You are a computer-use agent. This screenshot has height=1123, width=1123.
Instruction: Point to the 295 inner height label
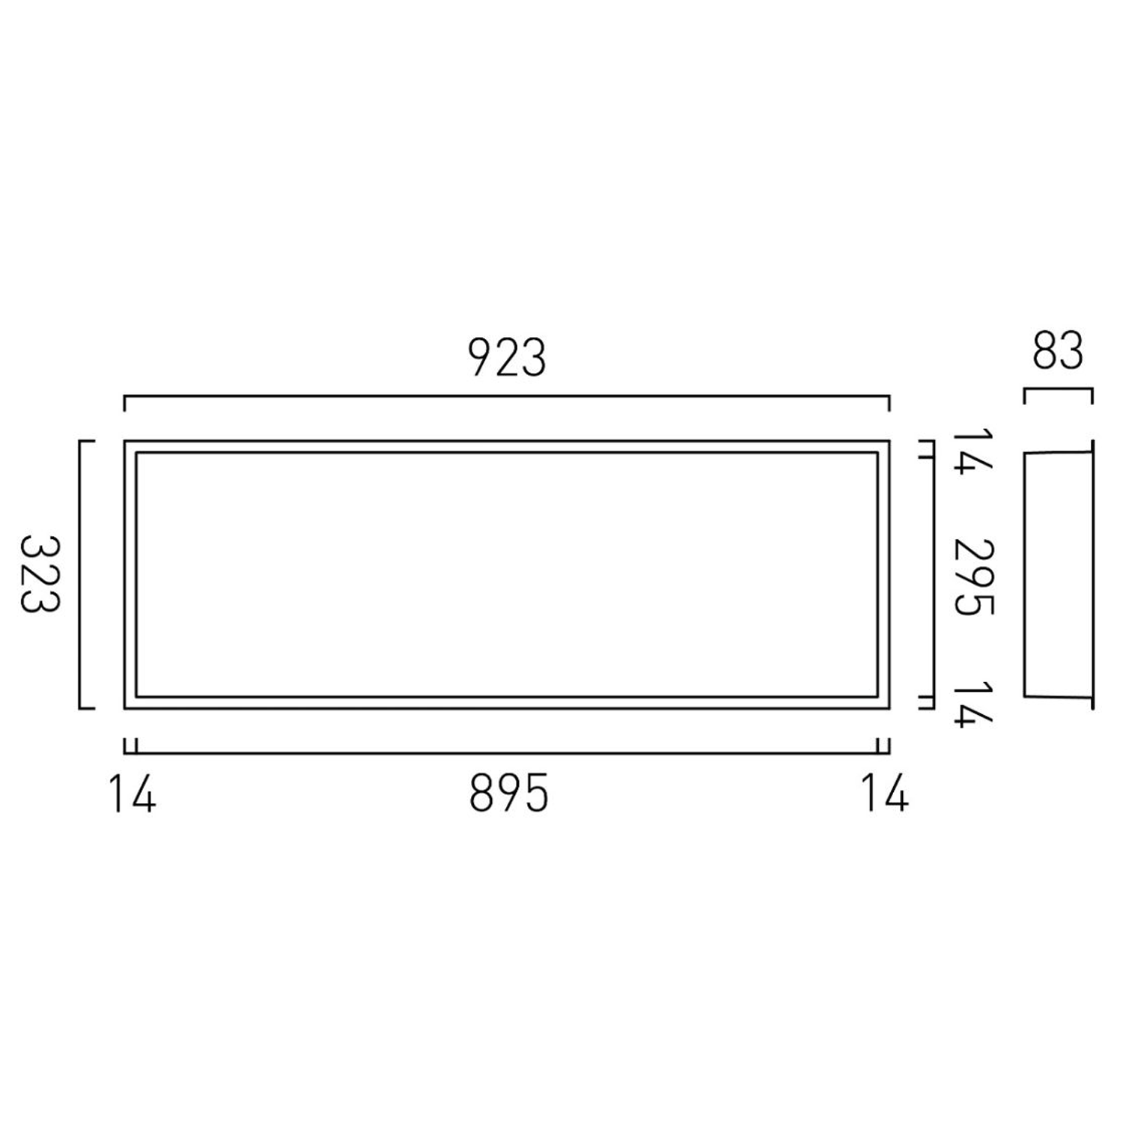[x=973, y=576]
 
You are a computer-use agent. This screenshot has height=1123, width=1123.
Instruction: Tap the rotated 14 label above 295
[x=973, y=451]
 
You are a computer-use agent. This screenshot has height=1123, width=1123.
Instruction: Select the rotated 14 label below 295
[x=973, y=703]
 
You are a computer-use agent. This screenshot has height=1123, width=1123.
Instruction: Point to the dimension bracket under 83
[x=1058, y=390]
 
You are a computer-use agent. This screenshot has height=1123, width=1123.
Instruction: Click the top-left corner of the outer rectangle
[x=125, y=442]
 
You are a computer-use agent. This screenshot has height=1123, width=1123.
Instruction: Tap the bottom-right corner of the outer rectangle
[x=889, y=707]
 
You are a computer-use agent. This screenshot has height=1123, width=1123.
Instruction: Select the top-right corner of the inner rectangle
[x=877, y=453]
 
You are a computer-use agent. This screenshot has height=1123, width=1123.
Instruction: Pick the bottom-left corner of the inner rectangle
[x=136, y=696]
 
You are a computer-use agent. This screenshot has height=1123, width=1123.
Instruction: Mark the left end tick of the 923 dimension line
[x=125, y=404]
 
